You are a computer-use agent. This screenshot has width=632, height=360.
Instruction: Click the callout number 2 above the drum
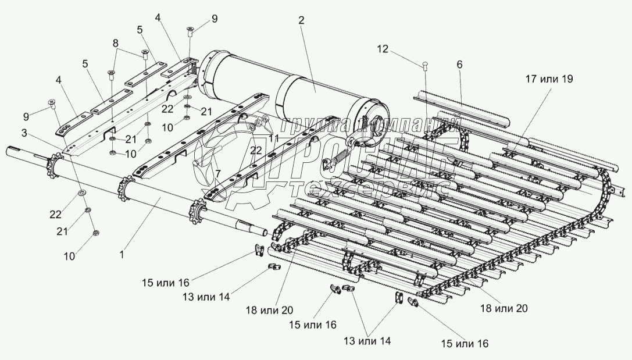(301, 20)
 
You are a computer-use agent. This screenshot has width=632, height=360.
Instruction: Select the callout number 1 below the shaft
(122, 254)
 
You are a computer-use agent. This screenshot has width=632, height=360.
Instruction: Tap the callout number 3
(24, 133)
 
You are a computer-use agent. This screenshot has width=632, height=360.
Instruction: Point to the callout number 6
(459, 65)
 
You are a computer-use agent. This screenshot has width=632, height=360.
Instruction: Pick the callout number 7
(218, 173)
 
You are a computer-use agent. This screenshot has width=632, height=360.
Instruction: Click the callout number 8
(116, 42)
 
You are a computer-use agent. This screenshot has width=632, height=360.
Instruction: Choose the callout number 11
(274, 139)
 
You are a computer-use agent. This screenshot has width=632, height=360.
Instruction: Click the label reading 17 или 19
(549, 79)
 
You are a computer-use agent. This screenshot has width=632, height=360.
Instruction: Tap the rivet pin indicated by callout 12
(425, 67)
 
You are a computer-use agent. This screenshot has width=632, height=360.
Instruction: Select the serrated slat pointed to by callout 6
(462, 108)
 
